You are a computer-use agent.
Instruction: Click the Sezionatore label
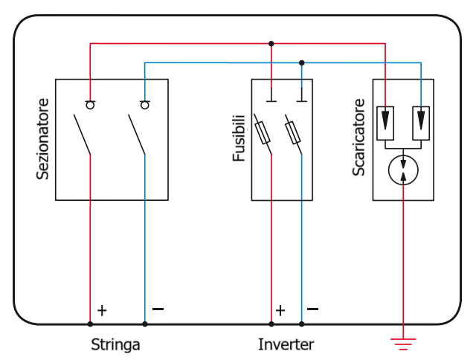43,139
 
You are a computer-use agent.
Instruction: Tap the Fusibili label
239,138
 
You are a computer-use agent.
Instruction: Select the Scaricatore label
359,137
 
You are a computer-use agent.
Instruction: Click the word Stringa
115,345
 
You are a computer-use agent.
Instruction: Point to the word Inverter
286,345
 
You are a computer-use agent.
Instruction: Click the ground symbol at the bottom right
403,343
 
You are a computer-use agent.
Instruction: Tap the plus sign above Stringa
102,310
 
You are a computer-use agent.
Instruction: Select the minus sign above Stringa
157,309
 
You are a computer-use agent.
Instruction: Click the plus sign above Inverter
280,310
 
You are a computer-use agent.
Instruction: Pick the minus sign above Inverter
312,309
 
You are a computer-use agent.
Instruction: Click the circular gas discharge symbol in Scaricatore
403,170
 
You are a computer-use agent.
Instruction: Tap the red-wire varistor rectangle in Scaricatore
385,123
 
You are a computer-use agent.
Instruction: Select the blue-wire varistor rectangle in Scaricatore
421,123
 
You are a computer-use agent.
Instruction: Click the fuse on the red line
263,132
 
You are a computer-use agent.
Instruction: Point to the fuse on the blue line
294,132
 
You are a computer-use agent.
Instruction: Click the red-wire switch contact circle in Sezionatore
91,105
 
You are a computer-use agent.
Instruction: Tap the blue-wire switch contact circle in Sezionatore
144,105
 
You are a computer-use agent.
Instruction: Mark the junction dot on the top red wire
271,43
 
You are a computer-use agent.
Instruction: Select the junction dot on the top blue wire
301,62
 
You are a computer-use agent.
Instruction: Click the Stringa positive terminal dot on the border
90,324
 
